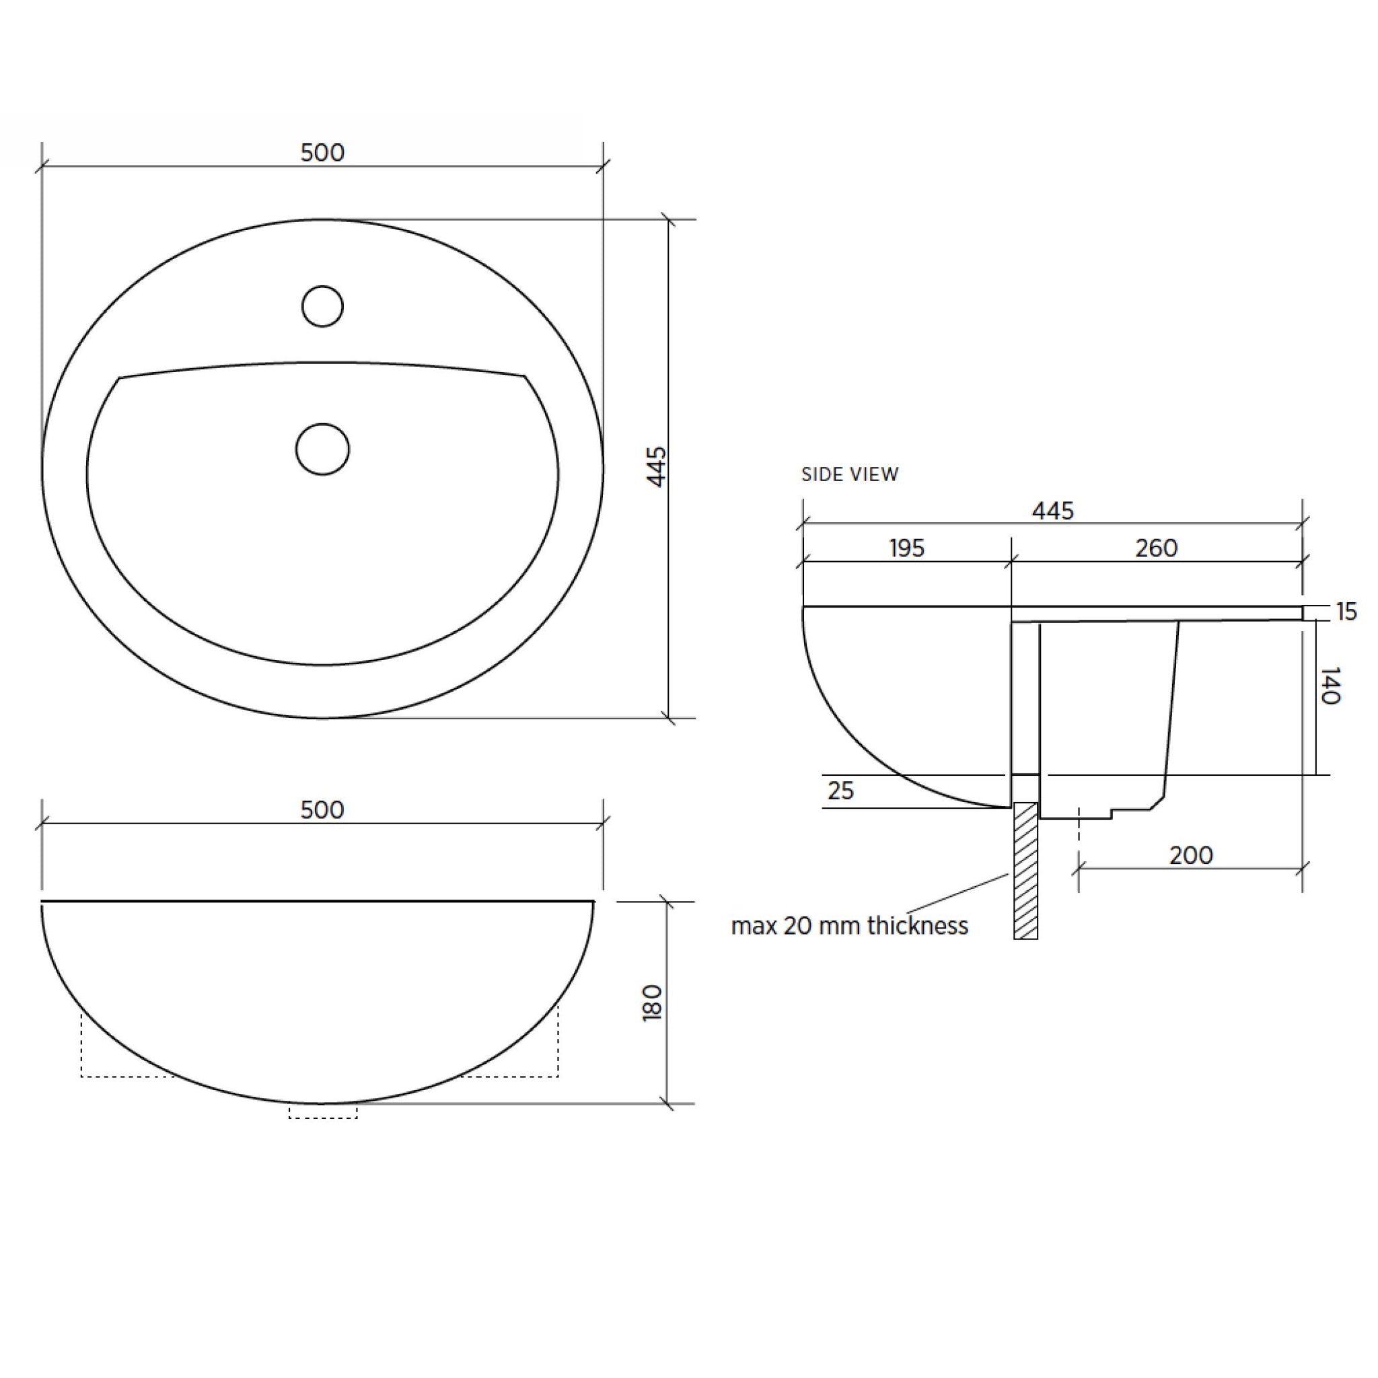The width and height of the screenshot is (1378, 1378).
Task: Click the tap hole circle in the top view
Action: tap(322, 306)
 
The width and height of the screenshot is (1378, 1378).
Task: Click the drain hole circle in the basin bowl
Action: tap(322, 449)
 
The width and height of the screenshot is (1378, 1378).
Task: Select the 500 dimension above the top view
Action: tap(322, 153)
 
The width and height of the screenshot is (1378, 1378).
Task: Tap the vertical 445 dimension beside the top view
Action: tap(656, 466)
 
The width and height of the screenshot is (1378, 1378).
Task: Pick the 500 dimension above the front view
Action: tap(322, 809)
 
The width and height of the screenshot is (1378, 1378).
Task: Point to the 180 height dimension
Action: tap(653, 1003)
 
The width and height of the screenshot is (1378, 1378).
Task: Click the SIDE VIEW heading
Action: tap(850, 474)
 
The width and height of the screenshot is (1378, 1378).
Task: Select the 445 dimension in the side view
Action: tap(1053, 511)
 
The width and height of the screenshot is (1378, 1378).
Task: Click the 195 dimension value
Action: tap(906, 548)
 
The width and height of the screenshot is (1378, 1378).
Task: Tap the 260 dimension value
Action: tap(1156, 548)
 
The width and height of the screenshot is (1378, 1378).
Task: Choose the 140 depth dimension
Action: tap(1330, 686)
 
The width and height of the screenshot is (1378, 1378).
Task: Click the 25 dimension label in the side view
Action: tap(841, 791)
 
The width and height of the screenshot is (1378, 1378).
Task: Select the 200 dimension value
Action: tap(1191, 855)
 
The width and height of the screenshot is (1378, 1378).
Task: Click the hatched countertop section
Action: tap(1025, 870)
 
